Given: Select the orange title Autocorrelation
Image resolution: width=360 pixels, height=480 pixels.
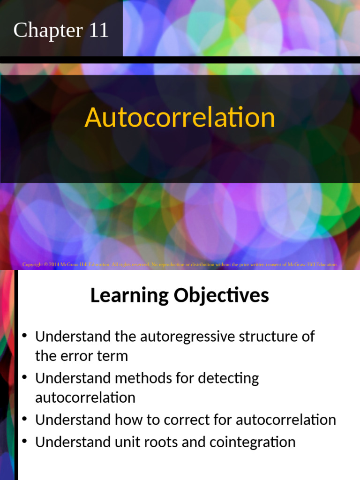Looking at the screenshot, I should click(180, 117).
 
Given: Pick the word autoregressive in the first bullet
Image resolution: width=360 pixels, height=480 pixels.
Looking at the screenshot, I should click(185, 337).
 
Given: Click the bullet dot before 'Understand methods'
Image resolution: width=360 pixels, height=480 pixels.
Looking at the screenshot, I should click(25, 377).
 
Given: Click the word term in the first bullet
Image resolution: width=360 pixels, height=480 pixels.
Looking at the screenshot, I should click(113, 356).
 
